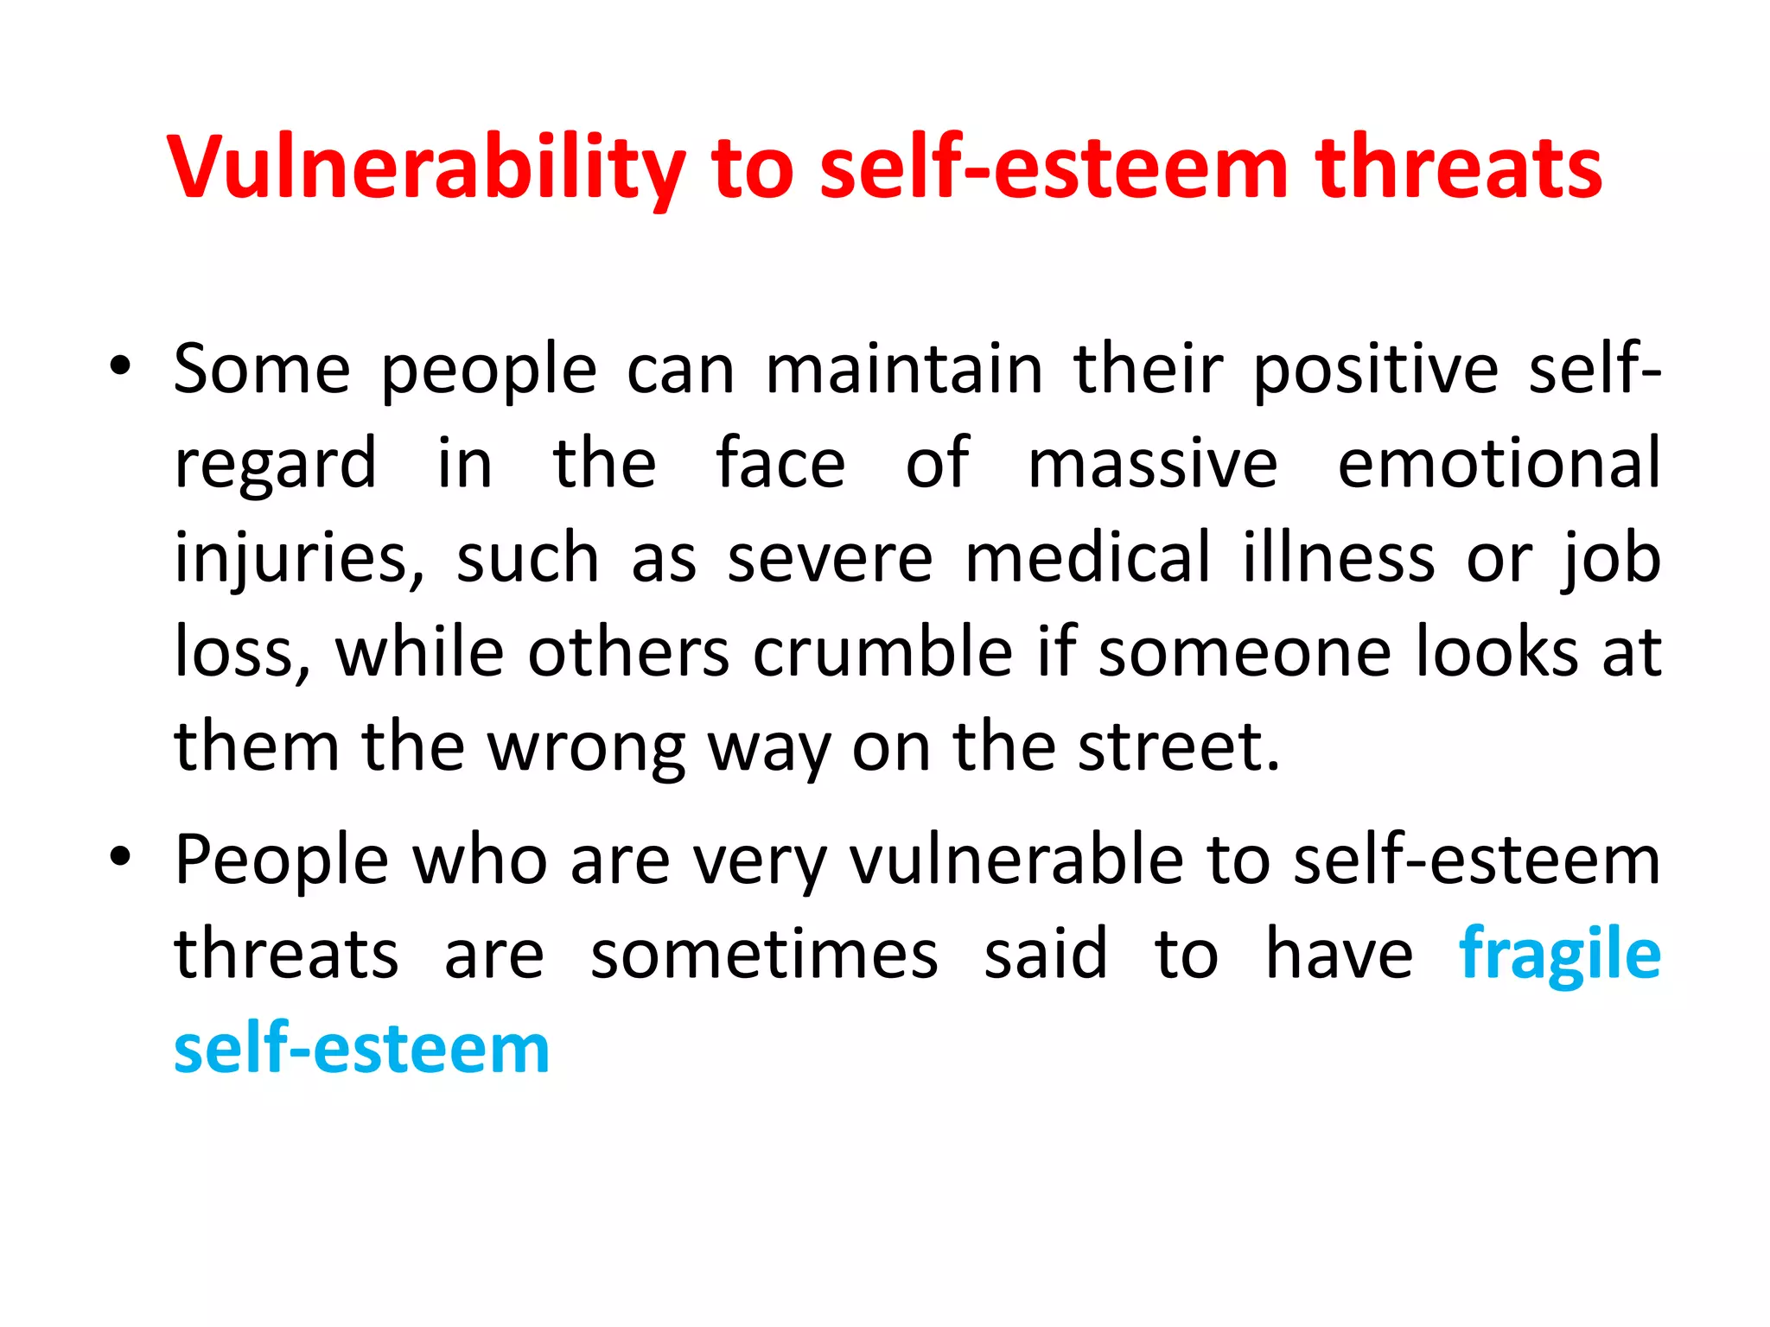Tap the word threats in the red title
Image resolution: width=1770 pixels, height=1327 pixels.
point(1458,168)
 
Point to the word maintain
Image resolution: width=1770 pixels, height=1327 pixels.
point(904,370)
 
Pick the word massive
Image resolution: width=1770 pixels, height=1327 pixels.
point(1152,464)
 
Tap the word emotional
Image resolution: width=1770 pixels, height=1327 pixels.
point(1499,464)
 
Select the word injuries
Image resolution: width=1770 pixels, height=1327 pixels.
point(299,559)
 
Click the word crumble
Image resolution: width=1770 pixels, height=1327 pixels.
point(882,652)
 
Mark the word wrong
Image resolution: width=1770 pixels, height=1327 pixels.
point(587,748)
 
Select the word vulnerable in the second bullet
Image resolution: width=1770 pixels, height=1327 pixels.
point(1016,860)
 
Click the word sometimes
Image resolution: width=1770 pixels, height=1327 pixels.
point(764,955)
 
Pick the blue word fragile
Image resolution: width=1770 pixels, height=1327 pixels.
point(1559,956)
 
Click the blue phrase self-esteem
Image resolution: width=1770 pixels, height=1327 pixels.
point(361,1050)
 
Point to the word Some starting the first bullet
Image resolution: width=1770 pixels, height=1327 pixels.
point(262,370)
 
